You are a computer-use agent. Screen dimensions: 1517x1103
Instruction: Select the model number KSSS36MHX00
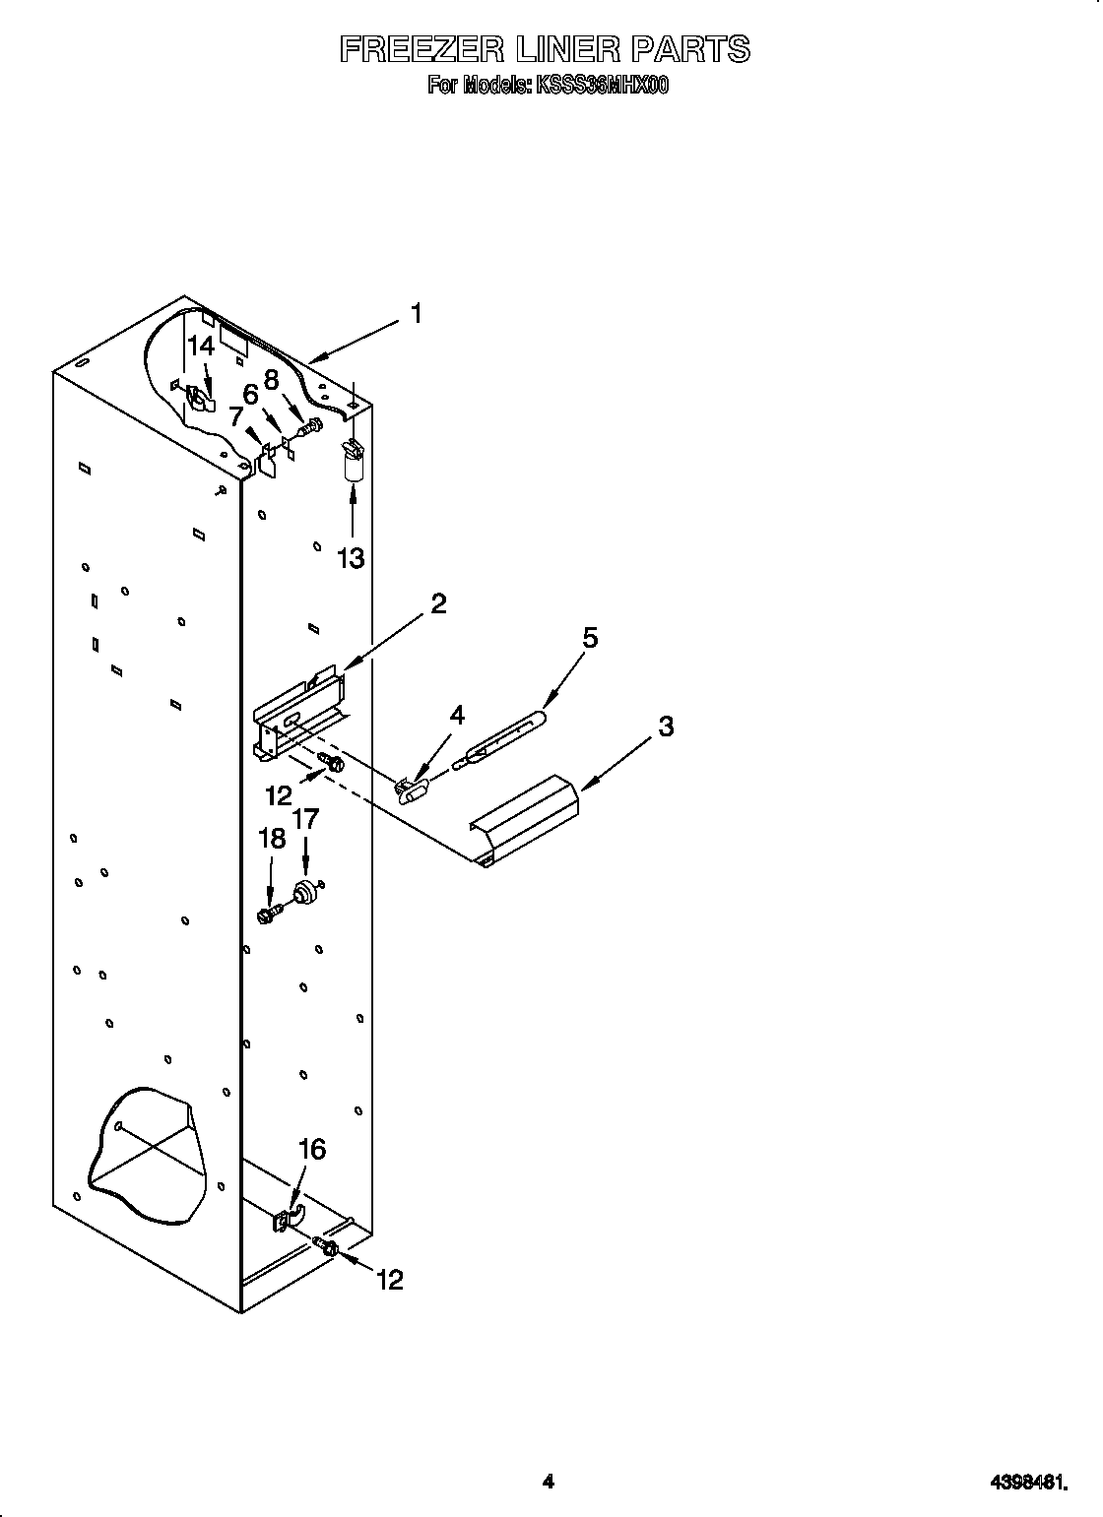point(602,86)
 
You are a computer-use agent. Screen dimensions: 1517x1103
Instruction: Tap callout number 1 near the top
point(417,314)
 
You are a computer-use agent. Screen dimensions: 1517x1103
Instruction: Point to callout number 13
point(351,558)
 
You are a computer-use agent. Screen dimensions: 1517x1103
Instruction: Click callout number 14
point(201,346)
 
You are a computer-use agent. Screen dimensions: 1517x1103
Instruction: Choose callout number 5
point(589,638)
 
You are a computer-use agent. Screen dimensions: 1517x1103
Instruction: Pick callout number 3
point(666,727)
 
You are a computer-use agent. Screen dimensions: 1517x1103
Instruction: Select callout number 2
point(437,603)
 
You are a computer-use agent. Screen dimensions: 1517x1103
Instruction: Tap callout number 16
point(311,1149)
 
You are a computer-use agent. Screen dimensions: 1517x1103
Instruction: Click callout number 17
point(305,817)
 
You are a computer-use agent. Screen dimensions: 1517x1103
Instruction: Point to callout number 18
point(271,839)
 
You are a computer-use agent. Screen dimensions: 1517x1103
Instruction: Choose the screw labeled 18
point(268,915)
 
